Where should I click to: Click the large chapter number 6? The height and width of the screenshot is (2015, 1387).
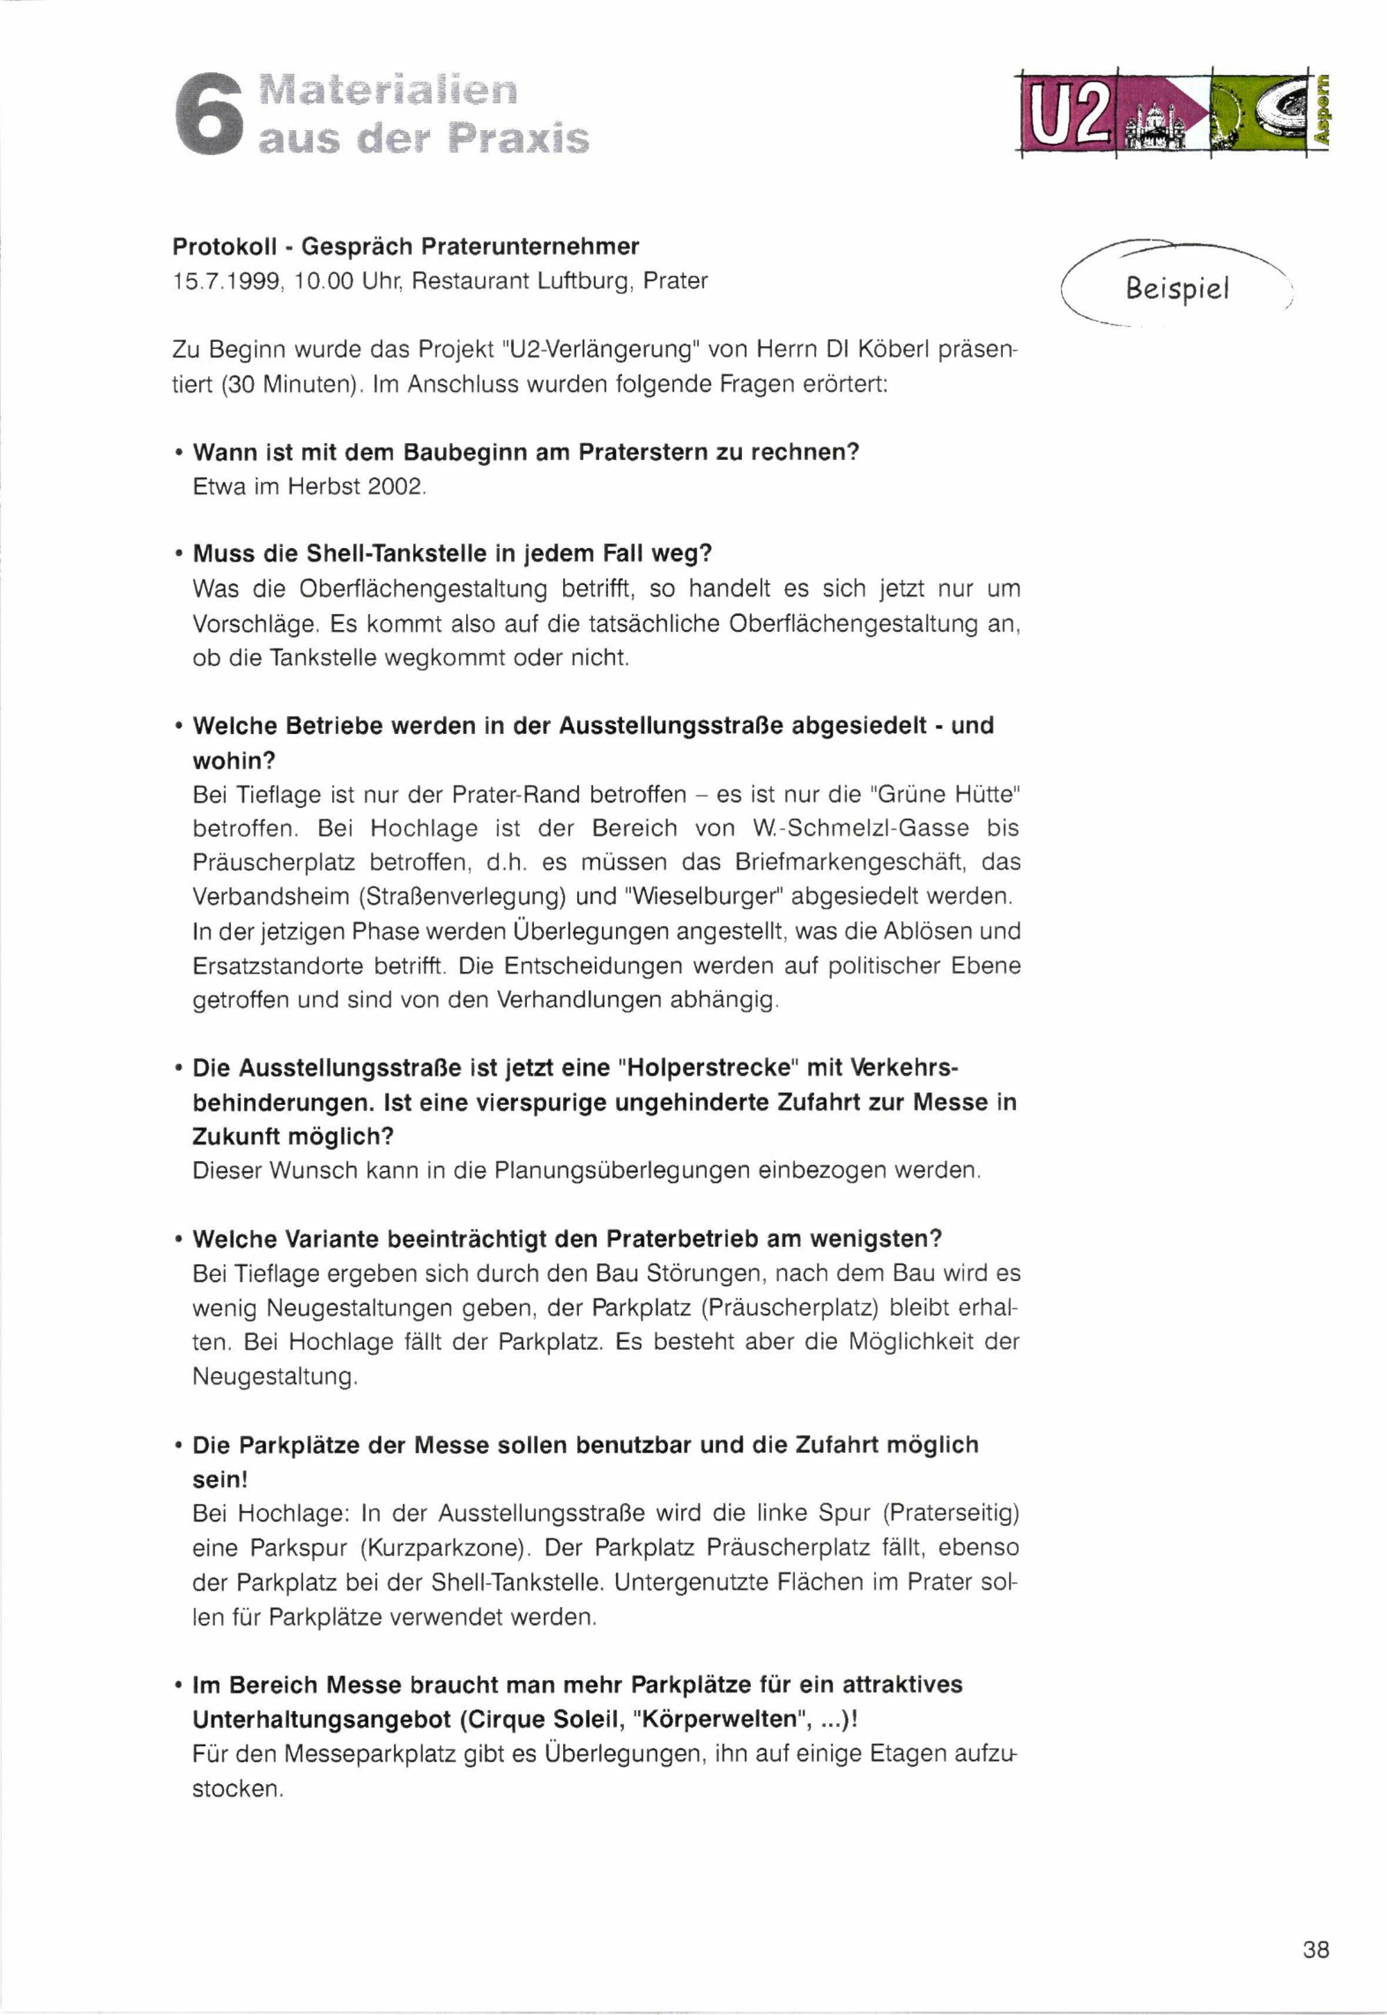tap(209, 114)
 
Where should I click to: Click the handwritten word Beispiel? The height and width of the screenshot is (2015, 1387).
tap(1178, 288)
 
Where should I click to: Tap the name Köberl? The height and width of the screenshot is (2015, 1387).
tap(893, 350)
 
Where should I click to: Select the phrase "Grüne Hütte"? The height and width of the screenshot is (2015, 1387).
tap(944, 794)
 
